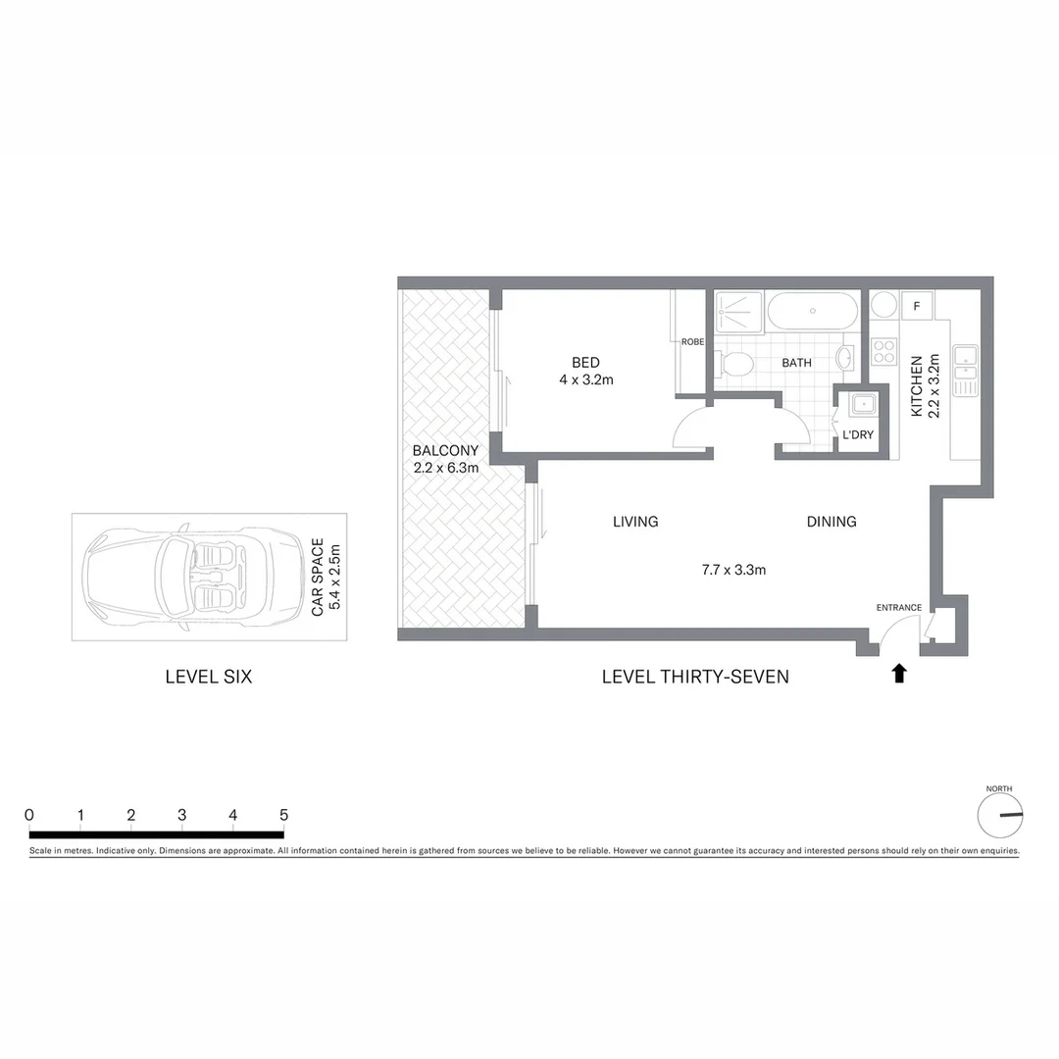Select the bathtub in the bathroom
(x=812, y=312)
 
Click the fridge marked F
(x=917, y=306)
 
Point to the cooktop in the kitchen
(x=884, y=351)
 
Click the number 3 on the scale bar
(x=182, y=815)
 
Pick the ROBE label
(x=693, y=341)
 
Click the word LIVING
(x=635, y=522)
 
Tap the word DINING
(x=832, y=522)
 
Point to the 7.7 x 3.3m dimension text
(x=733, y=568)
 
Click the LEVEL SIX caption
(x=209, y=677)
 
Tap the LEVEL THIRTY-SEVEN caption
(x=695, y=677)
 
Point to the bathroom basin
(x=846, y=357)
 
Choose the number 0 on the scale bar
(x=29, y=815)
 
